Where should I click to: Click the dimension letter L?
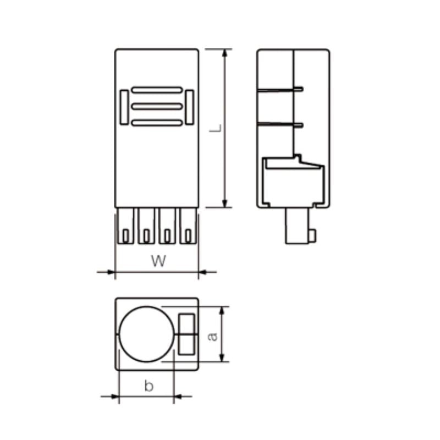(x=217, y=129)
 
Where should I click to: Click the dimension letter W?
(x=158, y=261)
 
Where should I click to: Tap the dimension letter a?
(x=212, y=335)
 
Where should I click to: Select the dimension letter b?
(x=148, y=386)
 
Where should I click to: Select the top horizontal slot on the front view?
(x=157, y=89)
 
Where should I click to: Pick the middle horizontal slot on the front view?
(x=157, y=106)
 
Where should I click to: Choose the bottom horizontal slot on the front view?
(x=157, y=123)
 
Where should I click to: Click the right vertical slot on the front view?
(x=190, y=106)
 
